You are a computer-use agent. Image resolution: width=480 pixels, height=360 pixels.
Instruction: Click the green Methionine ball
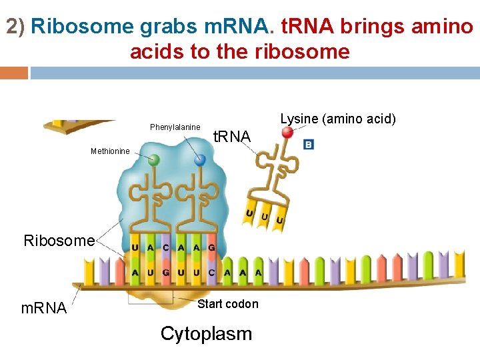pos(153,160)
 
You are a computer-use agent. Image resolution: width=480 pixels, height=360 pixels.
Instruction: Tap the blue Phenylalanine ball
pos(199,160)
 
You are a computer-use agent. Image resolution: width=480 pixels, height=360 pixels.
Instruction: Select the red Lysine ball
pos(287,132)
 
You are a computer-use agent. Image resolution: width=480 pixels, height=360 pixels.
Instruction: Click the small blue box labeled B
pos(309,144)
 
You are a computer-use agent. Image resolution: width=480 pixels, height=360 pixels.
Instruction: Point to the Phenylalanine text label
pos(175,127)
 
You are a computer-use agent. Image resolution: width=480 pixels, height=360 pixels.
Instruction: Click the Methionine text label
pos(110,151)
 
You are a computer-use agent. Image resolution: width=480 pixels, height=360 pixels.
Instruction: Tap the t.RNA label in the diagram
pos(231,137)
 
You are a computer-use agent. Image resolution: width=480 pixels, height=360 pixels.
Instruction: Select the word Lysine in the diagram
pos(299,119)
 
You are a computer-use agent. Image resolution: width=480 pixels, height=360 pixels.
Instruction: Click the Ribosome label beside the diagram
pos(59,241)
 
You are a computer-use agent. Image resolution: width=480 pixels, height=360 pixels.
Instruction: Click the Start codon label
pos(228,304)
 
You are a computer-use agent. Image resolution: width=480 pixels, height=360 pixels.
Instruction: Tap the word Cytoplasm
pos(206,333)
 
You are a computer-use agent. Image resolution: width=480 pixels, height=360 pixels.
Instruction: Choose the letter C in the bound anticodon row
pos(166,247)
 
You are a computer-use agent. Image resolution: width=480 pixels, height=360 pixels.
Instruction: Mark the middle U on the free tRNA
pos(265,217)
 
